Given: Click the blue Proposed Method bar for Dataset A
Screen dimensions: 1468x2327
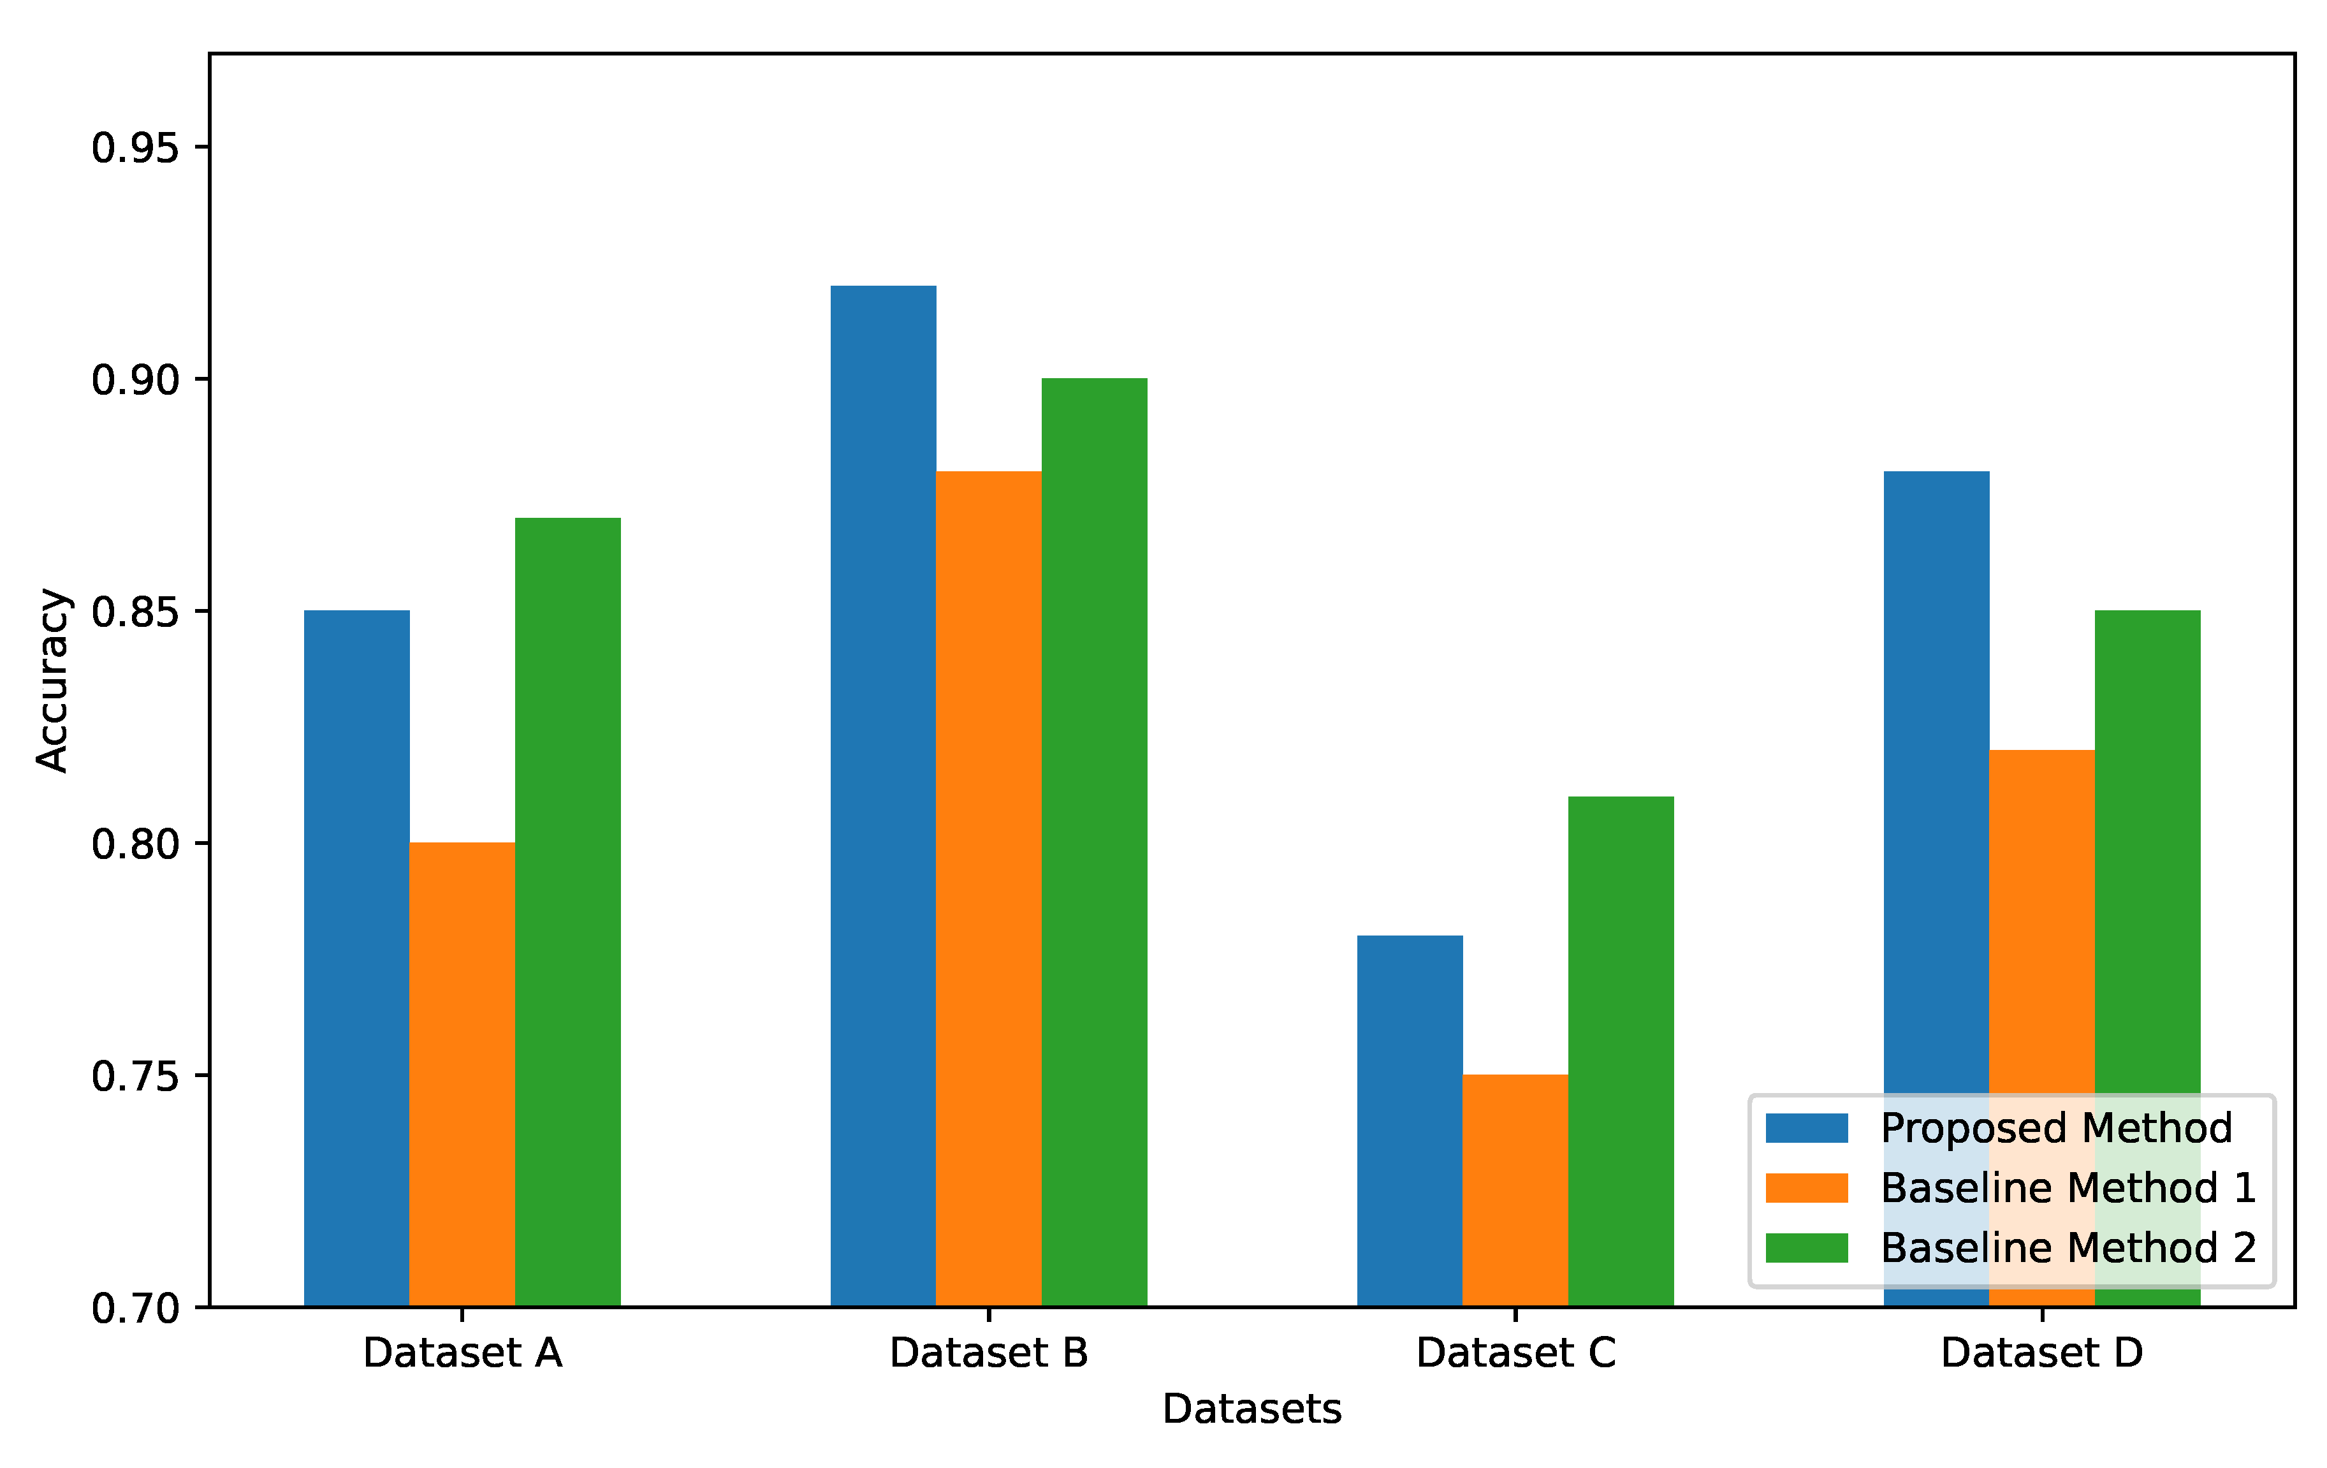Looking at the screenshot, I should tap(356, 957).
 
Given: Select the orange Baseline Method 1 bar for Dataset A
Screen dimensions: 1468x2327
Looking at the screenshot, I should tap(462, 1073).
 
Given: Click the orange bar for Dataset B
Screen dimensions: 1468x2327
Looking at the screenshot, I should tap(989, 888).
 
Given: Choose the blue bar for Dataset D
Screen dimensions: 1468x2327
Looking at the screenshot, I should tap(1937, 773).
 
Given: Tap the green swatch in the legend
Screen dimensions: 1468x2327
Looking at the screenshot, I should tap(1806, 1247).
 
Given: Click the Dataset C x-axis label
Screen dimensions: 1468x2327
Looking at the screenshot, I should tap(1515, 1353).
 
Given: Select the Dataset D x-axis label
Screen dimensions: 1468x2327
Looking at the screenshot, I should tap(2042, 1353).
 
